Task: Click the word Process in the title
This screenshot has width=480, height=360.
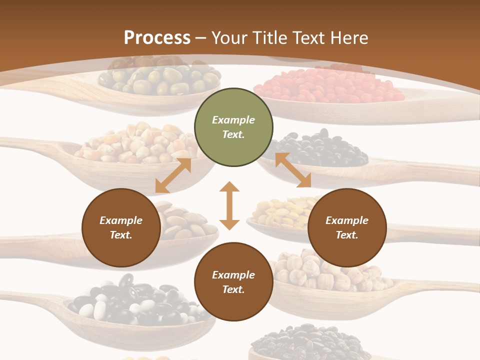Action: [157, 38]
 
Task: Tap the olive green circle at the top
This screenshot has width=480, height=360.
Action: [233, 127]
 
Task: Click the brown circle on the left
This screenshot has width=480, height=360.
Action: [121, 227]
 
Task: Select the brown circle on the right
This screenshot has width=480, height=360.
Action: [347, 227]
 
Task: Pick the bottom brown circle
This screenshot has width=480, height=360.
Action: [233, 282]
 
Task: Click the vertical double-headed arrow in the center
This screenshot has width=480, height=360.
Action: [229, 205]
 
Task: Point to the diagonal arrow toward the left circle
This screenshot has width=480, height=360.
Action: [173, 175]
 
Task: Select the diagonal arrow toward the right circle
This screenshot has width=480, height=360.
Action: [293, 170]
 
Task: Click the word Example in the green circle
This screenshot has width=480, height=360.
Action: [233, 120]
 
